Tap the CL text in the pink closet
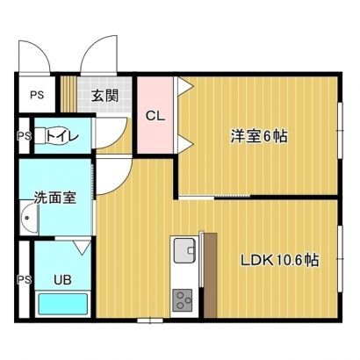[155, 116]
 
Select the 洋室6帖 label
[259, 136]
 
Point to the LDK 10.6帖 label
[279, 260]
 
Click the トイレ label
[62, 136]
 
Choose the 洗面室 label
[55, 198]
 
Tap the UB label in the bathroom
[62, 280]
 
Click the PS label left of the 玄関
[37, 95]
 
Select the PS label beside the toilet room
[24, 136]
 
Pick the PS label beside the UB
[24, 280]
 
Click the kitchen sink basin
[184, 250]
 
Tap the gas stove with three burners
[183, 300]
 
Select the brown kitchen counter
[210, 275]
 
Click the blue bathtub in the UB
[63, 304]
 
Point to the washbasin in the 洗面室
[29, 218]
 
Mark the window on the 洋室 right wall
[341, 130]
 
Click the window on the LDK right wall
[341, 259]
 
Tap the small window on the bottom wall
[150, 320]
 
